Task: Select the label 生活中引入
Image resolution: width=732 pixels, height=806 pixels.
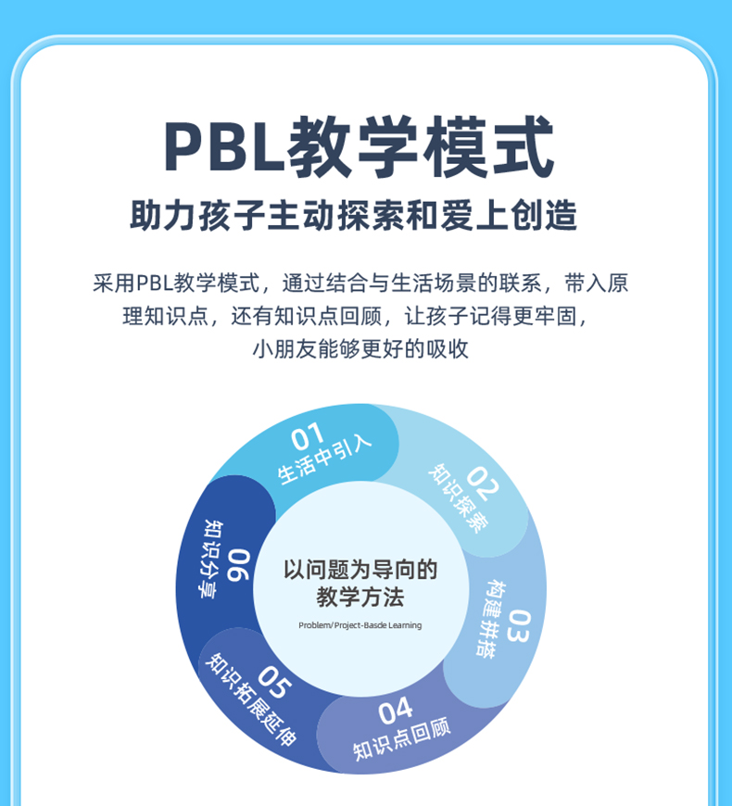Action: [325, 460]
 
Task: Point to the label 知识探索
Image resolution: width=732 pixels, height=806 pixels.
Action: [457, 498]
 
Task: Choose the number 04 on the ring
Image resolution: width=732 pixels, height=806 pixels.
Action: [395, 712]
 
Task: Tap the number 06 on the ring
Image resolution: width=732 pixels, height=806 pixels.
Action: [238, 564]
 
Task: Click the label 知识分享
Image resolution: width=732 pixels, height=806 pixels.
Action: [212, 558]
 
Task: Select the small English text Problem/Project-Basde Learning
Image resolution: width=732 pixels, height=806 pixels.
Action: [360, 625]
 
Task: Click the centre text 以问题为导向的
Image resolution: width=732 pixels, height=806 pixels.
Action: [360, 569]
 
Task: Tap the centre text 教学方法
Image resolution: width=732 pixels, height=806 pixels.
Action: [360, 597]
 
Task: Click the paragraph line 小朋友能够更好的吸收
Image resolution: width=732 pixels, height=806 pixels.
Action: [360, 349]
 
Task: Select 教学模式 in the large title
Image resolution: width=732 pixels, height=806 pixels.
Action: [423, 146]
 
